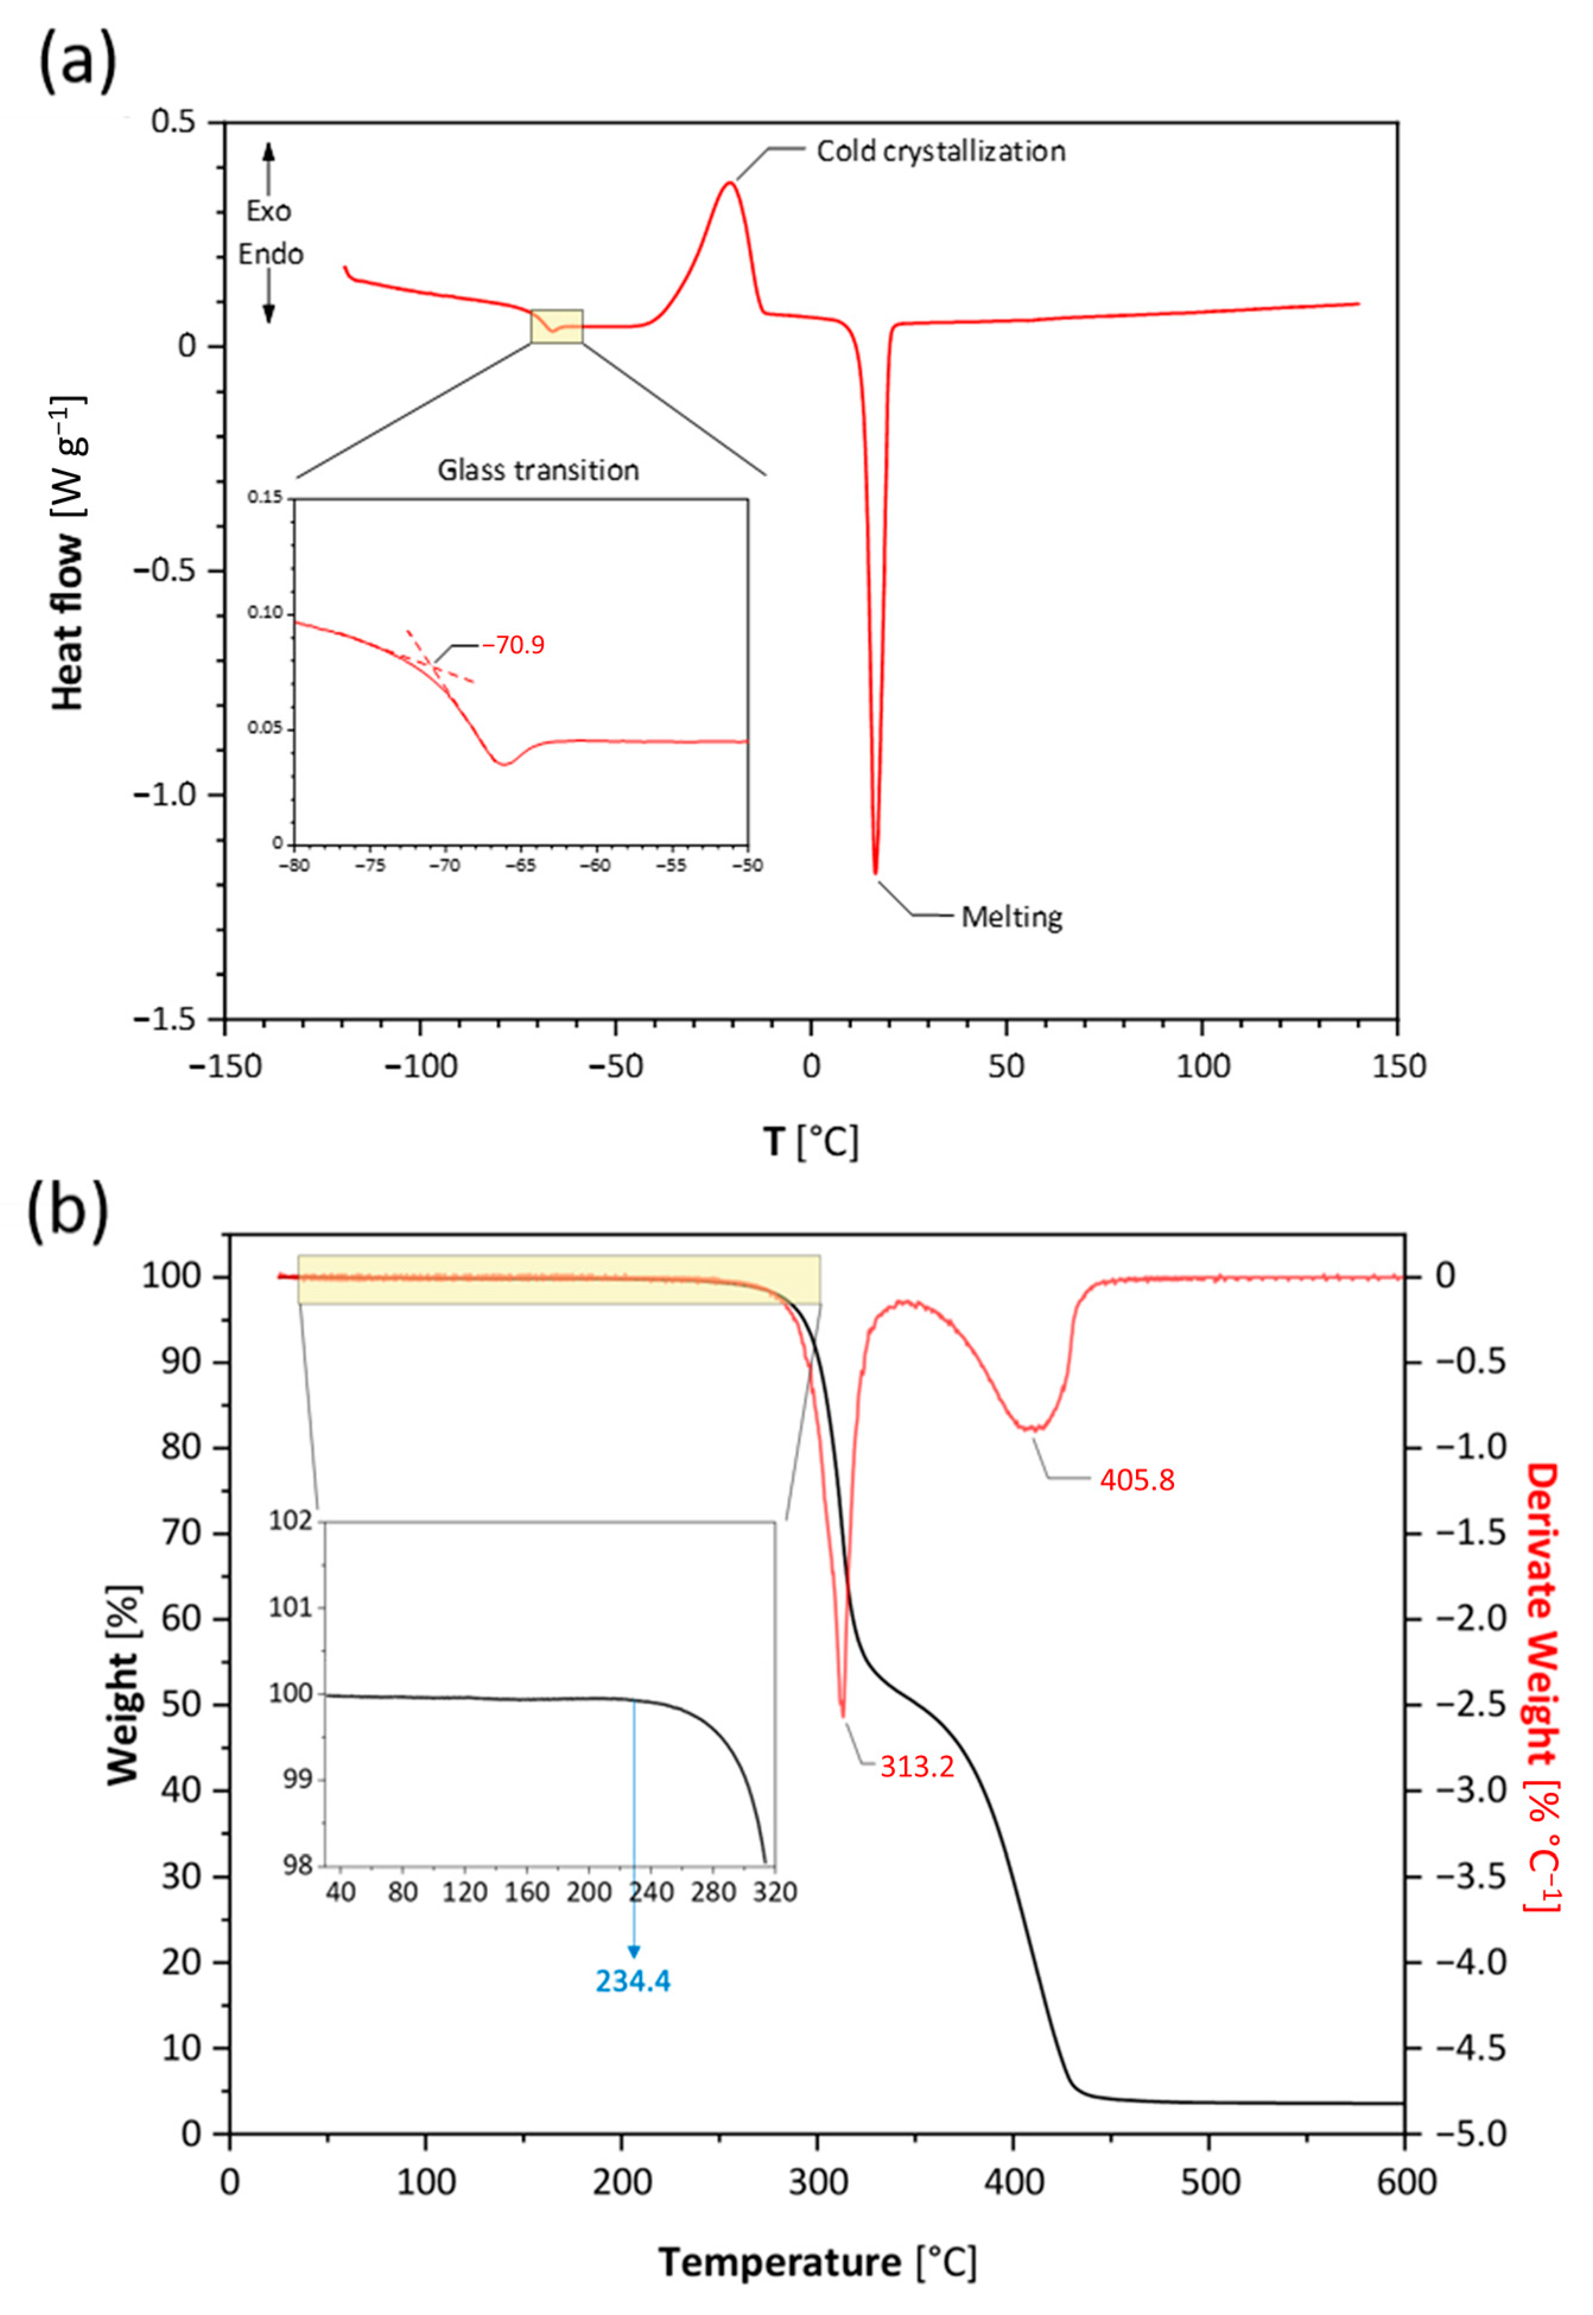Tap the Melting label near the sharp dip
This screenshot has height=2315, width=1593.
coord(1011,916)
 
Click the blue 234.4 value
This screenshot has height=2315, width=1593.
coord(633,1981)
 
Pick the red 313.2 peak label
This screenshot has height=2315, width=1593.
coord(916,1767)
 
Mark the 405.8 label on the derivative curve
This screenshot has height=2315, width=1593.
coord(1137,1480)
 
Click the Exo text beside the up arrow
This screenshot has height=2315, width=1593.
coord(268,211)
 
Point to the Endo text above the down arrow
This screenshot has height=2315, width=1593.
coord(271,255)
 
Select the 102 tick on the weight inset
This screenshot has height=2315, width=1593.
coord(290,1521)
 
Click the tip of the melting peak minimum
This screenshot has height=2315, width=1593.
coord(875,873)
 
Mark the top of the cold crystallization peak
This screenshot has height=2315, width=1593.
coord(729,183)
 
